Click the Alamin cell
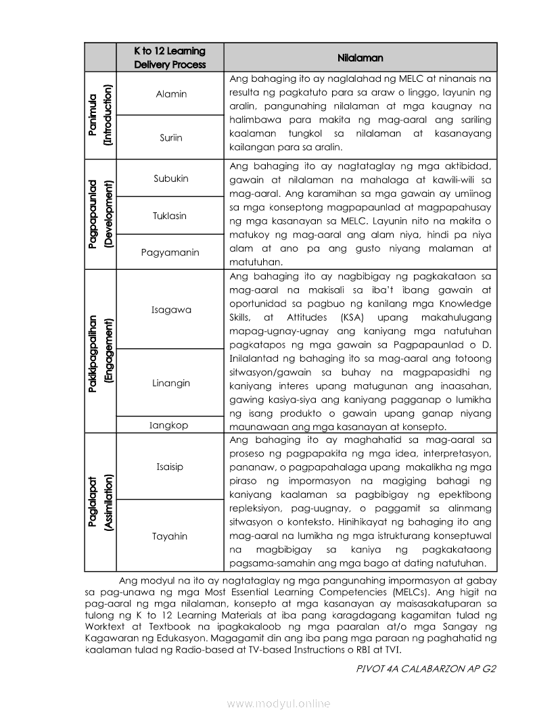170,94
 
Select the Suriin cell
170,137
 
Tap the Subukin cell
170,179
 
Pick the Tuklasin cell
170,216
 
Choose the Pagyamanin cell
170,252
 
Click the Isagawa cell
170,310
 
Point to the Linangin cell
170,383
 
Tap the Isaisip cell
170,467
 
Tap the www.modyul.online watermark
279,703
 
